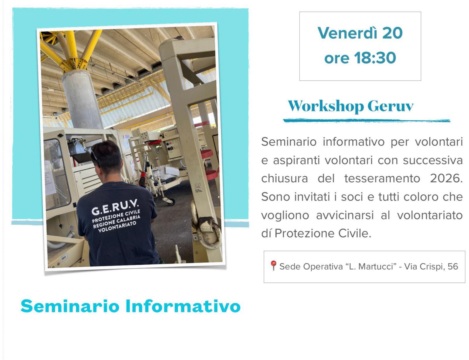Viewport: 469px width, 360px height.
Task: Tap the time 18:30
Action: pyautogui.click(x=375, y=58)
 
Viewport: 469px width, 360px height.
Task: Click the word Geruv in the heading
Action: pyautogui.click(x=390, y=106)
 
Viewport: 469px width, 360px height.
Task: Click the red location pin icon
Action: pyautogui.click(x=273, y=265)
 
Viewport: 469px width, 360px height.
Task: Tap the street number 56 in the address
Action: pyautogui.click(x=453, y=266)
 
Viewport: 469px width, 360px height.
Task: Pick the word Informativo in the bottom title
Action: pyautogui.click(x=183, y=306)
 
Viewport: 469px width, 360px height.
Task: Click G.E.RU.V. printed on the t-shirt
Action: pyautogui.click(x=115, y=207)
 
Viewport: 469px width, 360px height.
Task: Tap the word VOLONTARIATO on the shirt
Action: pyautogui.click(x=117, y=227)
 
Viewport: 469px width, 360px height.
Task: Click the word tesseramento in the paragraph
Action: pyautogui.click(x=382, y=178)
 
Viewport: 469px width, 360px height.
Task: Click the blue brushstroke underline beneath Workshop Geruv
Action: pyautogui.click(x=366, y=120)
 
